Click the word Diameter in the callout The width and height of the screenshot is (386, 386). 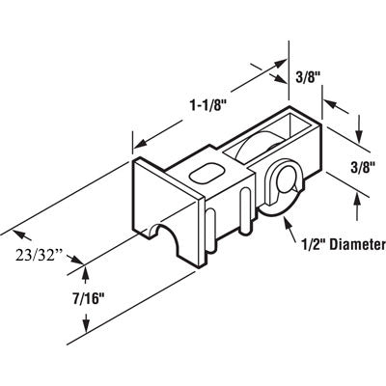(x=347, y=245)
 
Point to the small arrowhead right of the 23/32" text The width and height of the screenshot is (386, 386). (x=79, y=259)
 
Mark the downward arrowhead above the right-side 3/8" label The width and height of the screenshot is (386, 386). (x=360, y=129)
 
